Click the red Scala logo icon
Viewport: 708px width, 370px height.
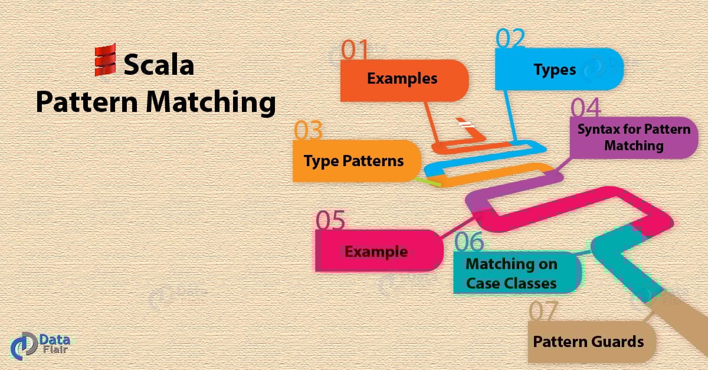click(106, 60)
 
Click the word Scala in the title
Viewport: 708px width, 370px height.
click(158, 64)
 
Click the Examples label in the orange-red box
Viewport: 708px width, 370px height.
click(402, 78)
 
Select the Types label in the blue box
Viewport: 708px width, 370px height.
click(555, 70)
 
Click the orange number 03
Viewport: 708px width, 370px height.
click(309, 130)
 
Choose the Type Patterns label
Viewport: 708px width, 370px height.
click(354, 160)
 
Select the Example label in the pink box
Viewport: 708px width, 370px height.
click(376, 252)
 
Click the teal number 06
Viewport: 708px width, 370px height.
click(469, 242)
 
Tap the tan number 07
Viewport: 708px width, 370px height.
click(544, 312)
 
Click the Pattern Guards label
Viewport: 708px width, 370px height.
click(588, 342)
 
